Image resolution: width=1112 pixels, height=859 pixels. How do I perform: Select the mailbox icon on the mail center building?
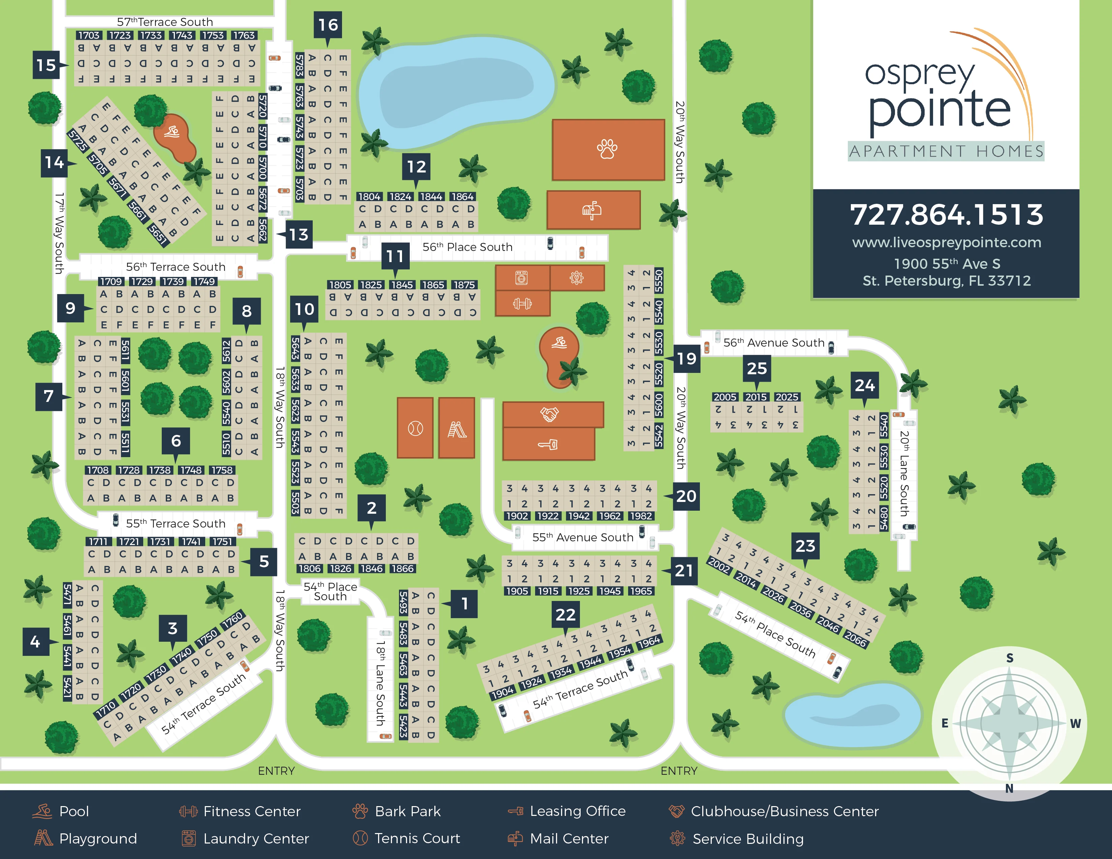pos(592,210)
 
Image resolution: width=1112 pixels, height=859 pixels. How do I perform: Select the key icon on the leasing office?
pos(548,444)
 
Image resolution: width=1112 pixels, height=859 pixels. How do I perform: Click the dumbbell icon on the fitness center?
pos(522,304)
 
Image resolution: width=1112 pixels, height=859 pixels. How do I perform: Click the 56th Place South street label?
pos(467,247)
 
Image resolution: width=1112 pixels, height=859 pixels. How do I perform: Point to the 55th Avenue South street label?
pos(583,537)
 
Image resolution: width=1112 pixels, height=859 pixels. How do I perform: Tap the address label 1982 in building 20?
pos(641,516)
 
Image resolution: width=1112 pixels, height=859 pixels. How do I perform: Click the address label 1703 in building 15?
pos(89,35)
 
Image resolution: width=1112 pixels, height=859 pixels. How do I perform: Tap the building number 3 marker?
pos(173,629)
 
